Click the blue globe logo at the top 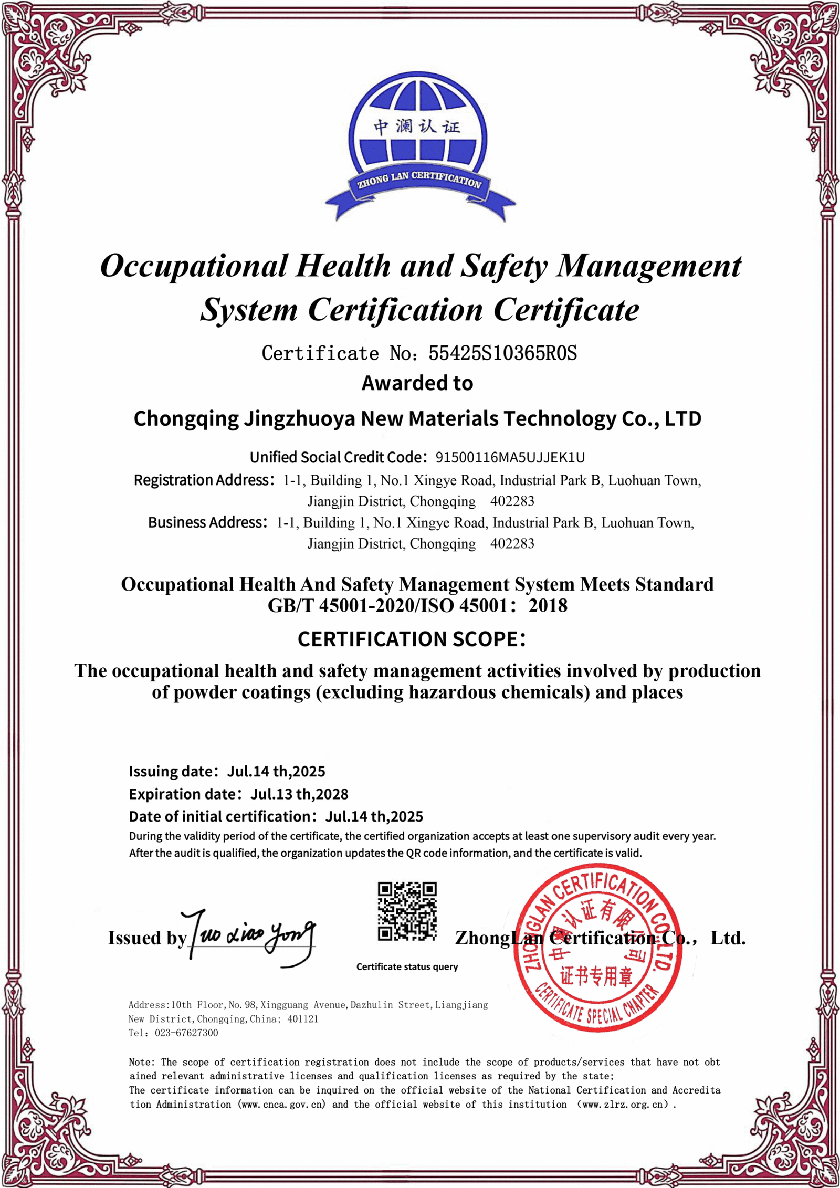(x=419, y=139)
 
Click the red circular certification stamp (x=597, y=950)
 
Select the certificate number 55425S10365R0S (x=502, y=353)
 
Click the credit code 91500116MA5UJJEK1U (x=510, y=458)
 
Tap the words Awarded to (x=417, y=383)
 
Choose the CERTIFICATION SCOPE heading (x=411, y=639)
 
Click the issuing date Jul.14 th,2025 (x=276, y=771)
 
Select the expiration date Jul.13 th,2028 (x=299, y=794)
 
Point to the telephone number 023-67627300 (x=186, y=1033)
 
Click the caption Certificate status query (x=407, y=966)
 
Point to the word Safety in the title (x=503, y=266)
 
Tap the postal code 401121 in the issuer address (x=303, y=1019)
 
